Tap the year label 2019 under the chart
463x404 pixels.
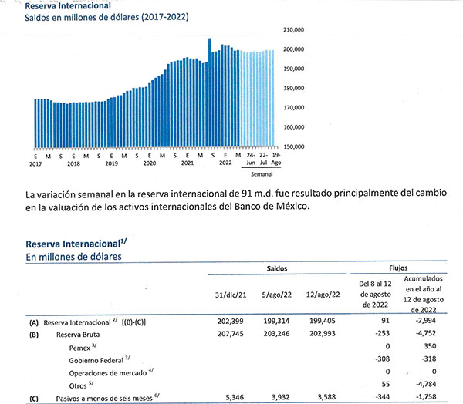pos(111,163)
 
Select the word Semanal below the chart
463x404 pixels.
pos(262,175)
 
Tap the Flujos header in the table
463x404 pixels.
pos(398,271)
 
